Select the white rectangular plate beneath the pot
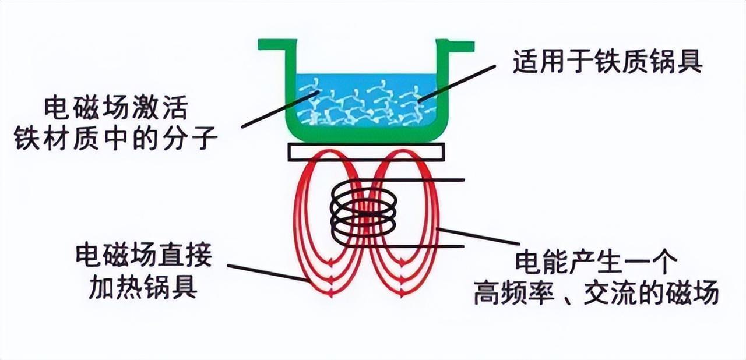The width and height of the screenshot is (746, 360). pos(367,153)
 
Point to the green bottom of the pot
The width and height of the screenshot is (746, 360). pos(365,135)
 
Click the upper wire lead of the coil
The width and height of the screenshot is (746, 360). pos(431,180)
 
